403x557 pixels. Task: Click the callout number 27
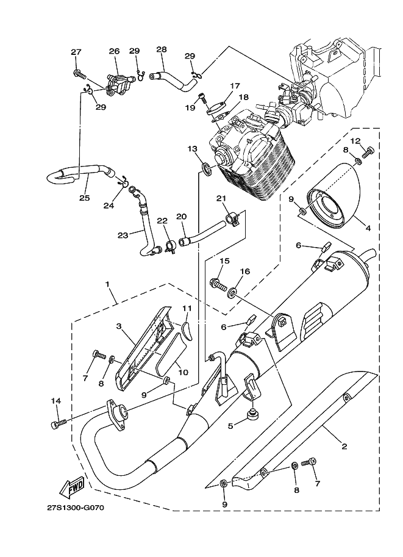pyautogui.click(x=76, y=52)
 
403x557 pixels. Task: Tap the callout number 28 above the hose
pyautogui.click(x=161, y=49)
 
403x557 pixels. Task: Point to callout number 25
pyautogui.click(x=84, y=198)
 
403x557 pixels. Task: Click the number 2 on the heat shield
pyautogui.click(x=344, y=447)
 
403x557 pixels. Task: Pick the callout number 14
pyautogui.click(x=56, y=401)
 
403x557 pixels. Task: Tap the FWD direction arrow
pyautogui.click(x=72, y=487)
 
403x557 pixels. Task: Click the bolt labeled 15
pyautogui.click(x=218, y=283)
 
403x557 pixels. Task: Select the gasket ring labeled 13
pyautogui.click(x=207, y=167)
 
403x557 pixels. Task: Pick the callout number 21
pyautogui.click(x=221, y=198)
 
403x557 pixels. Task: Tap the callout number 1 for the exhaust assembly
pyautogui.click(x=107, y=285)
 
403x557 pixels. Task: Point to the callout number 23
pyautogui.click(x=123, y=234)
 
